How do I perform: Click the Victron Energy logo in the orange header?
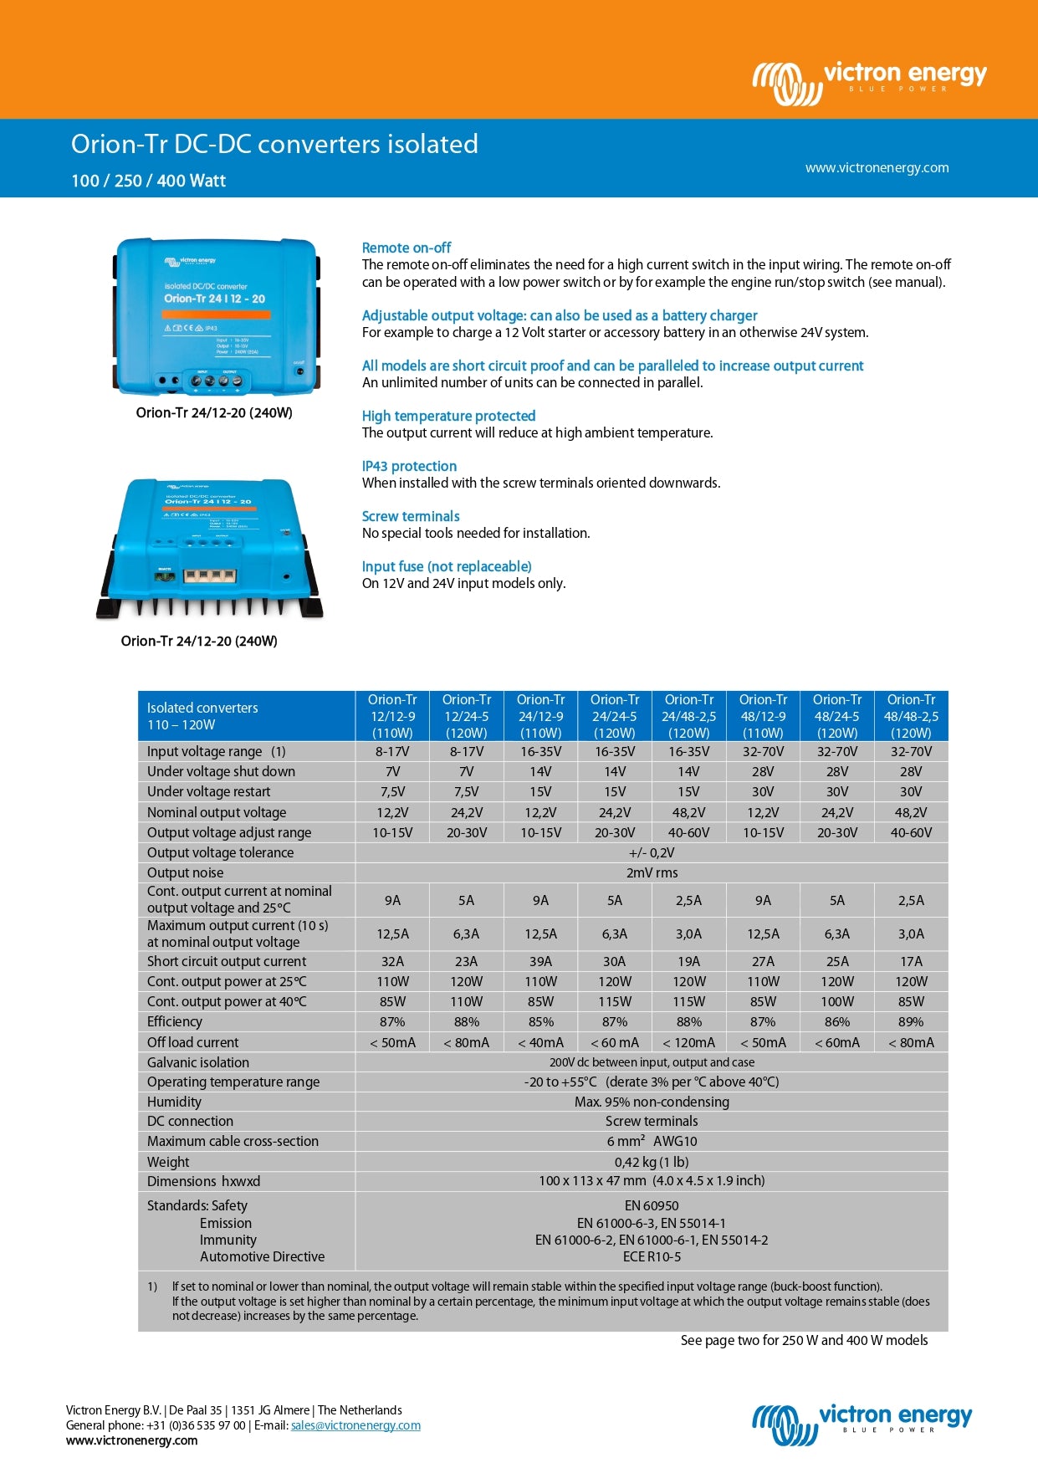tap(870, 82)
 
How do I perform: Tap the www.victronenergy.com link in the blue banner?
tap(877, 167)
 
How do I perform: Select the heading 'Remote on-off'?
tap(406, 248)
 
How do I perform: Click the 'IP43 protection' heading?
tap(409, 466)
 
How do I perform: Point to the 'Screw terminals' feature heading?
tap(411, 516)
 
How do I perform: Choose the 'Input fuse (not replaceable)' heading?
tap(447, 566)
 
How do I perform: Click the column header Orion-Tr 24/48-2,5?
tap(688, 716)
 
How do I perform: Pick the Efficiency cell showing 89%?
tap(911, 1021)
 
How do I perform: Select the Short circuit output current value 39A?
tap(540, 961)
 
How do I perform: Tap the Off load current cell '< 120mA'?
tap(688, 1042)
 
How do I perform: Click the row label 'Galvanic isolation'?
tap(198, 1062)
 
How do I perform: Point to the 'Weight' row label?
tap(168, 1162)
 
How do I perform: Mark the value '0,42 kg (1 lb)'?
tap(652, 1162)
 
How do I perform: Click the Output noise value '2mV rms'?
tap(652, 872)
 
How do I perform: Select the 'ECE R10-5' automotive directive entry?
tap(652, 1256)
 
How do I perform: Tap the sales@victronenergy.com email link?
tap(355, 1425)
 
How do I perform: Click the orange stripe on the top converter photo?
tap(216, 315)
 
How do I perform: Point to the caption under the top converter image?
tap(214, 412)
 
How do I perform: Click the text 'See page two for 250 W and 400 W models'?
tap(804, 1340)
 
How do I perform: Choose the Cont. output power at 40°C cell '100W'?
tap(836, 1001)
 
